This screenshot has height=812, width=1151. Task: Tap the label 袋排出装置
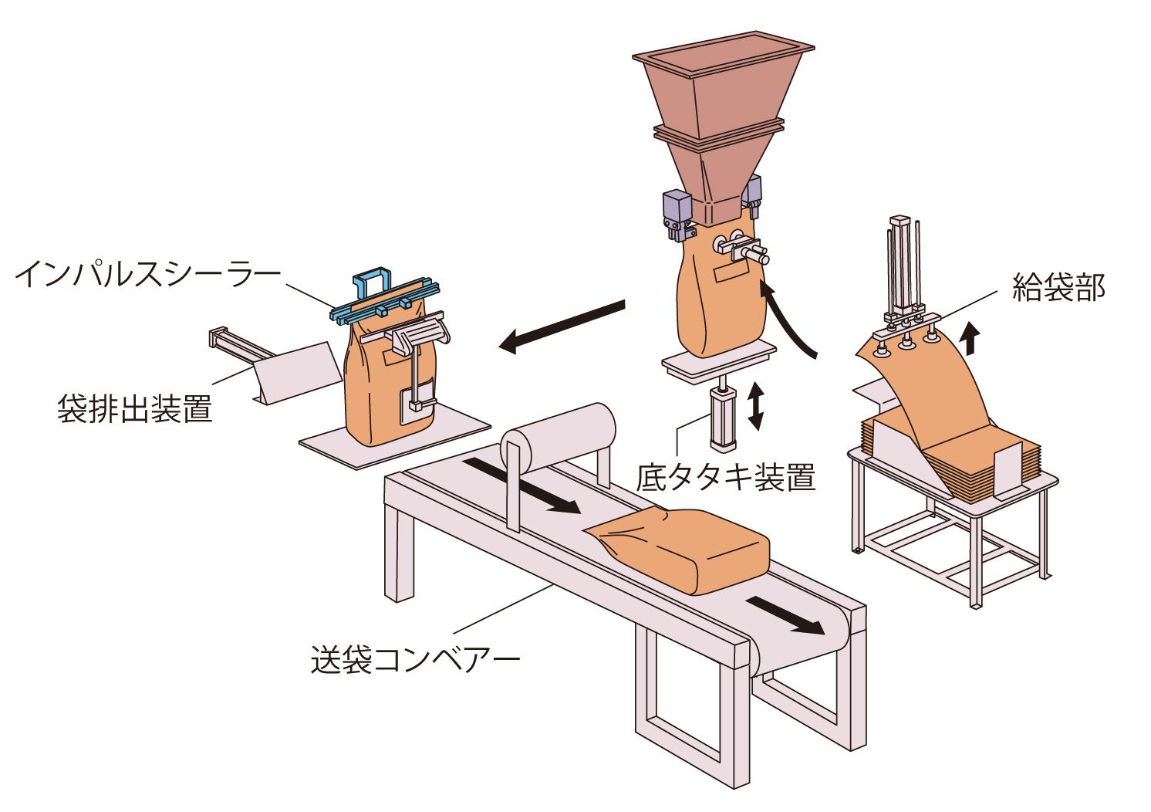[x=134, y=408]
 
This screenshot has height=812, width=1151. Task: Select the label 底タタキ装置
[x=725, y=477]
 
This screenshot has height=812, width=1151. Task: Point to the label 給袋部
[x=1058, y=288]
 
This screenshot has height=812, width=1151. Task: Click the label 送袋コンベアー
[x=415, y=660]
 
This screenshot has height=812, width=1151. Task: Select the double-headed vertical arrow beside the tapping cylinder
[x=755, y=406]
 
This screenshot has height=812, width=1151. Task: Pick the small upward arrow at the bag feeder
[x=971, y=338]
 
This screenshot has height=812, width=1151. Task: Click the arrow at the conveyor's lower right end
[x=785, y=614]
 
